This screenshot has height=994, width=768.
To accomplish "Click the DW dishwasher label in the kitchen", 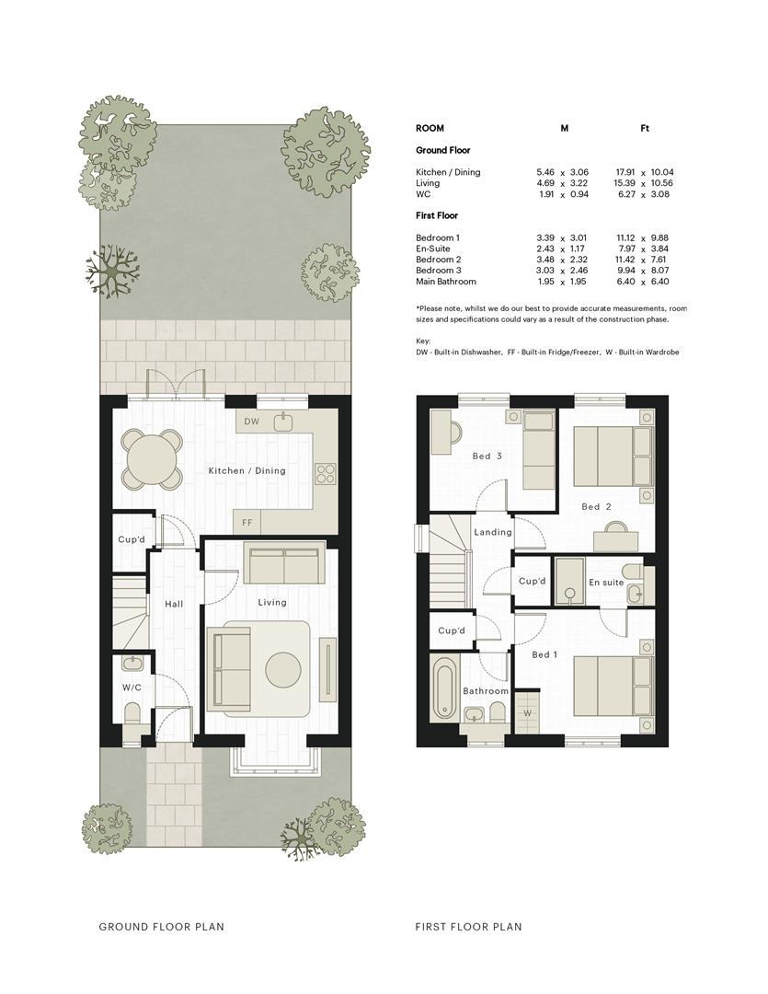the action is (251, 422).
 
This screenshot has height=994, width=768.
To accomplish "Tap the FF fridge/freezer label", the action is (246, 523).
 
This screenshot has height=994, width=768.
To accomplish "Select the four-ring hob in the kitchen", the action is (327, 474).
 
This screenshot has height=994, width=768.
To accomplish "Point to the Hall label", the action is (174, 604).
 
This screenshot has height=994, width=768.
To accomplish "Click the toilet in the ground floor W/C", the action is (132, 714).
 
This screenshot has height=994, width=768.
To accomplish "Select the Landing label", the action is (492, 532).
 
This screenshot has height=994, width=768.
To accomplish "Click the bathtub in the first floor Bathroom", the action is (443, 688).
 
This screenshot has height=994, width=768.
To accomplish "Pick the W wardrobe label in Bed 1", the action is (527, 713).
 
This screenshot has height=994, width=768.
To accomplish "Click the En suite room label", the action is (606, 582).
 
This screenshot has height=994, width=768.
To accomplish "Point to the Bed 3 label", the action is (487, 456).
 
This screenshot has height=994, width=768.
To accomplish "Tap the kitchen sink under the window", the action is (282, 421).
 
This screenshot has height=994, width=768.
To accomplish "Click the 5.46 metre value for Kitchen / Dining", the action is (544, 172).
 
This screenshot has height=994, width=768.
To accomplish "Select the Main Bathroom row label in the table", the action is (445, 282).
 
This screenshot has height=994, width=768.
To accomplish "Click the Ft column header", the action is (645, 128).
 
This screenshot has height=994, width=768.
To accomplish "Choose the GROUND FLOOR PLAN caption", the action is (162, 926).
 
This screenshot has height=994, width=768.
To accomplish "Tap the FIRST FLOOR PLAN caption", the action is (468, 926).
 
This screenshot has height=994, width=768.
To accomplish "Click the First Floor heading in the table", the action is (437, 215).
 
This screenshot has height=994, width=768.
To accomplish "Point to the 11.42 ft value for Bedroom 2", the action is (625, 260).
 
